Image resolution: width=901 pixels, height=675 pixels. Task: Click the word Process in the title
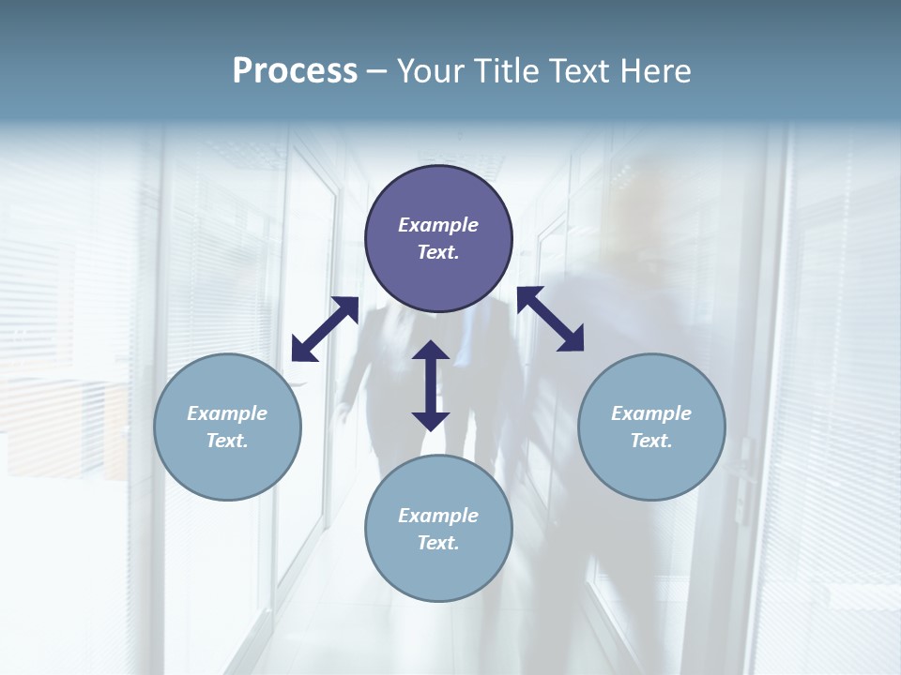pyautogui.click(x=295, y=71)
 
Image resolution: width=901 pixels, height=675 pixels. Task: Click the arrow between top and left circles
pyautogui.click(x=325, y=329)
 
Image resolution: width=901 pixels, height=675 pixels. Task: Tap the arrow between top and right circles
pyautogui.click(x=551, y=319)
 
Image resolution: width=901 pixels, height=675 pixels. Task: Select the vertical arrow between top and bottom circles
pyautogui.click(x=431, y=385)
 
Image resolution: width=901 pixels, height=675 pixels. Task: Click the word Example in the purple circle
pyautogui.click(x=438, y=225)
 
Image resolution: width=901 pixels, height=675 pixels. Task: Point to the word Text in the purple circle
pyautogui.click(x=438, y=252)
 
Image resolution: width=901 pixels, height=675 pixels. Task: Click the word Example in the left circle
pyautogui.click(x=227, y=413)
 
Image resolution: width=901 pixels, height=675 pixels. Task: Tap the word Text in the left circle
pyautogui.click(x=227, y=441)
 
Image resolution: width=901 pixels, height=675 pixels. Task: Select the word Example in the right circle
pyautogui.click(x=651, y=413)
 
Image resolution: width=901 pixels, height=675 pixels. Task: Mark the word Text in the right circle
pyautogui.click(x=651, y=441)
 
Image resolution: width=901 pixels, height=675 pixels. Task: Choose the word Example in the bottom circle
pyautogui.click(x=438, y=516)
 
